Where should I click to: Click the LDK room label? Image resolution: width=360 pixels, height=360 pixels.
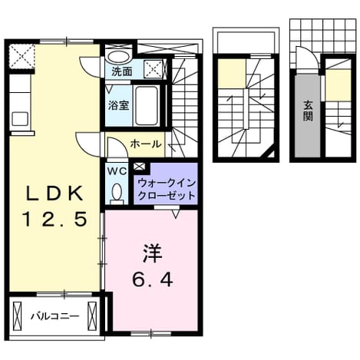pyautogui.click(x=54, y=193)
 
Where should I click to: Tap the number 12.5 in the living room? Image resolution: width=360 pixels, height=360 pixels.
pyautogui.click(x=54, y=219)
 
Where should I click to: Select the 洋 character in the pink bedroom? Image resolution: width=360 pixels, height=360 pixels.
pyautogui.click(x=153, y=253)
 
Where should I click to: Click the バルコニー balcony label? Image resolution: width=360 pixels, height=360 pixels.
pyautogui.click(x=54, y=316)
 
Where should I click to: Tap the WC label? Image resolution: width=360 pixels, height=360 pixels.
pyautogui.click(x=117, y=171)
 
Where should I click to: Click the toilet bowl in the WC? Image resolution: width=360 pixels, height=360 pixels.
pyautogui.click(x=117, y=192)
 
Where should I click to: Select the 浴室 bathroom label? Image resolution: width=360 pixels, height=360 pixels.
pyautogui.click(x=118, y=105)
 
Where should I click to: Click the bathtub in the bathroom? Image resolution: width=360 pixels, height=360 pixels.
pyautogui.click(x=147, y=106)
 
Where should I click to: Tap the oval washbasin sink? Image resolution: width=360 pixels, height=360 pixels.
pyautogui.click(x=118, y=57)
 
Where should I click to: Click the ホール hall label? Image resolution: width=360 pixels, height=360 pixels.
pyautogui.click(x=146, y=144)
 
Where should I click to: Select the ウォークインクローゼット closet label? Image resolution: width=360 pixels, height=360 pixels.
pyautogui.click(x=167, y=190)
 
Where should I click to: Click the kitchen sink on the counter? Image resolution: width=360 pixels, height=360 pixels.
pyautogui.click(x=20, y=119)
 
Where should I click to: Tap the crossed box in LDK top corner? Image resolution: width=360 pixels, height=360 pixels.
pyautogui.click(x=21, y=56)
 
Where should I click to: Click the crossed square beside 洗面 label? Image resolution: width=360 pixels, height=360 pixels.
pyautogui.click(x=153, y=69)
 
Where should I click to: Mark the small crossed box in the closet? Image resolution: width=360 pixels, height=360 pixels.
pyautogui.click(x=140, y=167)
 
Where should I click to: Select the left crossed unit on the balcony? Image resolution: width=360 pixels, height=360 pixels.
pyautogui.click(x=18, y=317)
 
